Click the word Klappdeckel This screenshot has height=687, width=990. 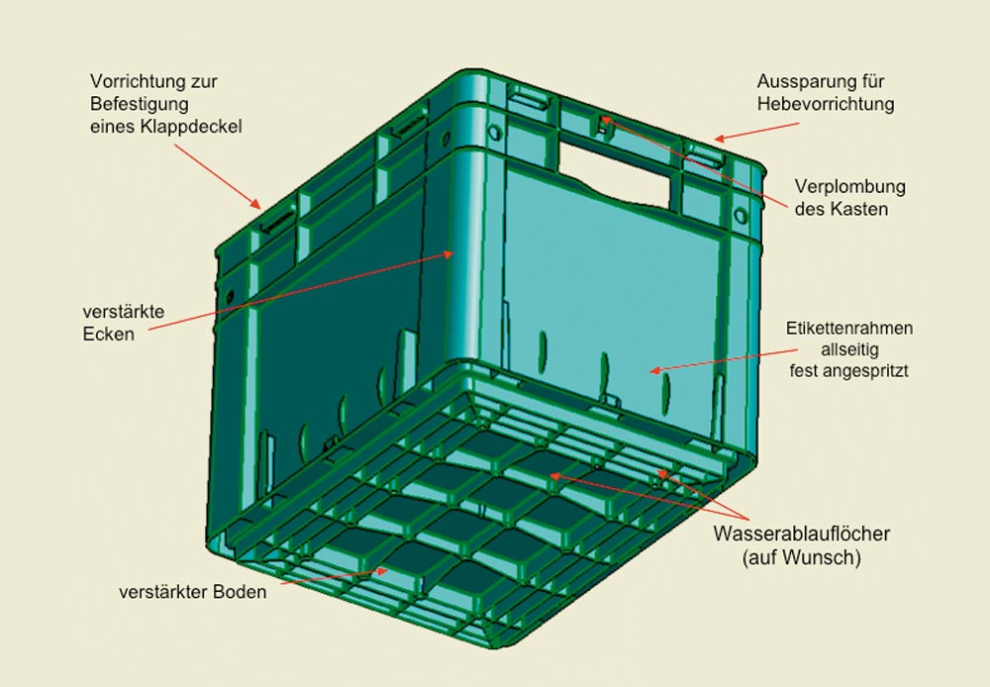pyautogui.click(x=191, y=127)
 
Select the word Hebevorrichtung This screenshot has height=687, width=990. pyautogui.click(x=826, y=104)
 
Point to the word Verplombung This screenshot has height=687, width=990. pyautogui.click(x=849, y=187)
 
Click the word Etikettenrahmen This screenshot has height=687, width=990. pyautogui.click(x=849, y=329)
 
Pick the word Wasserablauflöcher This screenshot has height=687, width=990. pyautogui.click(x=802, y=534)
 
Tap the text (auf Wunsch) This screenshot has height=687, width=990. pyautogui.click(x=802, y=557)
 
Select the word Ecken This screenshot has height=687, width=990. pyautogui.click(x=109, y=334)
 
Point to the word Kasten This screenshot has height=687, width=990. pyautogui.click(x=858, y=209)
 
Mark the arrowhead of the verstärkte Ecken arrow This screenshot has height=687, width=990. pyautogui.click(x=447, y=253)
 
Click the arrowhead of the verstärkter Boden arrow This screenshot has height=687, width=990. pyautogui.click(x=381, y=571)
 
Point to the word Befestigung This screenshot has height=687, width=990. pyautogui.click(x=139, y=104)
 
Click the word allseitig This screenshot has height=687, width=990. pyautogui.click(x=849, y=349)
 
